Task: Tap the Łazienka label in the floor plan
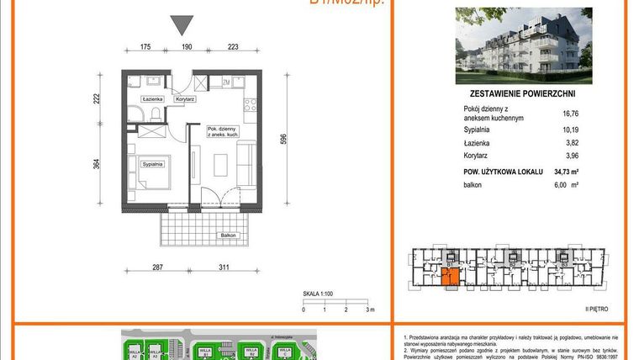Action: (x=152, y=99)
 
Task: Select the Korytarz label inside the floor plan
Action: (x=185, y=99)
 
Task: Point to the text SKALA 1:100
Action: (x=319, y=294)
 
